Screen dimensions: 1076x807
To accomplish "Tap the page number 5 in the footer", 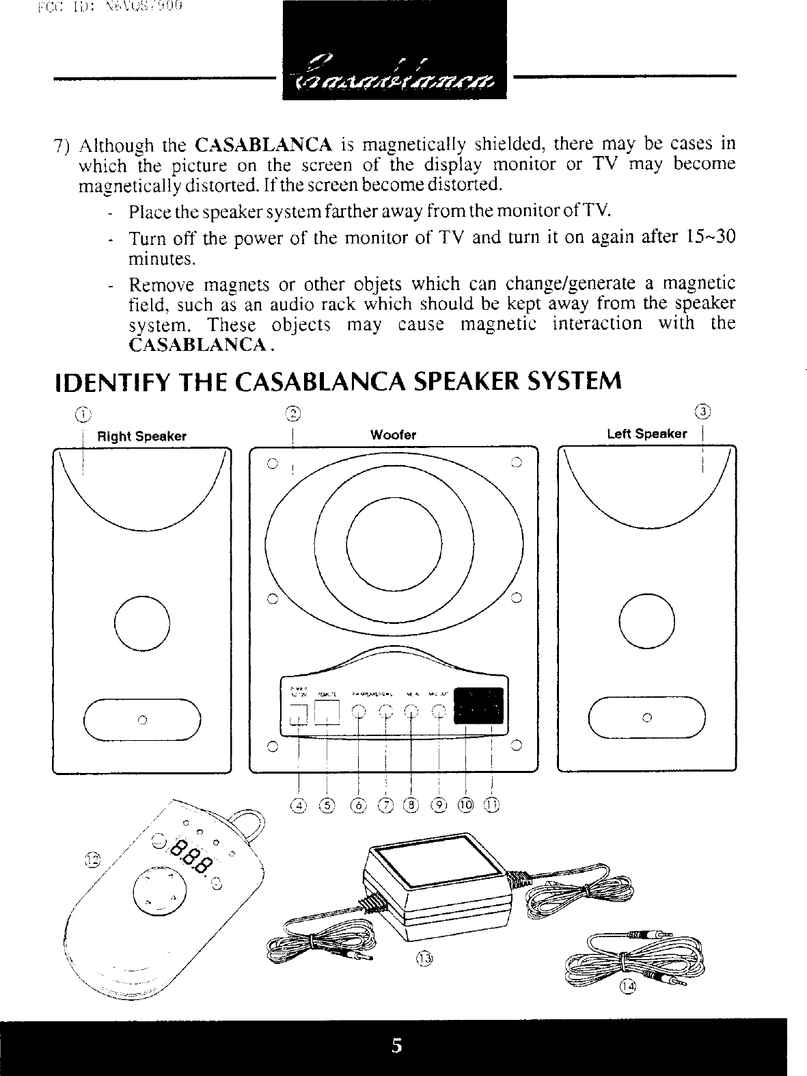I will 396,1046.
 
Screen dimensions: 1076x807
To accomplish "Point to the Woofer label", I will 393,435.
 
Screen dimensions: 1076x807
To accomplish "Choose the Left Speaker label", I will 646,434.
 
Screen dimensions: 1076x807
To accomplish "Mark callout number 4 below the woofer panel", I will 297,805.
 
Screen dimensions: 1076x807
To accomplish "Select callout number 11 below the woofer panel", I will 492,805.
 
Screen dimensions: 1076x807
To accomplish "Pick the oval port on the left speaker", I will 646,718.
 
